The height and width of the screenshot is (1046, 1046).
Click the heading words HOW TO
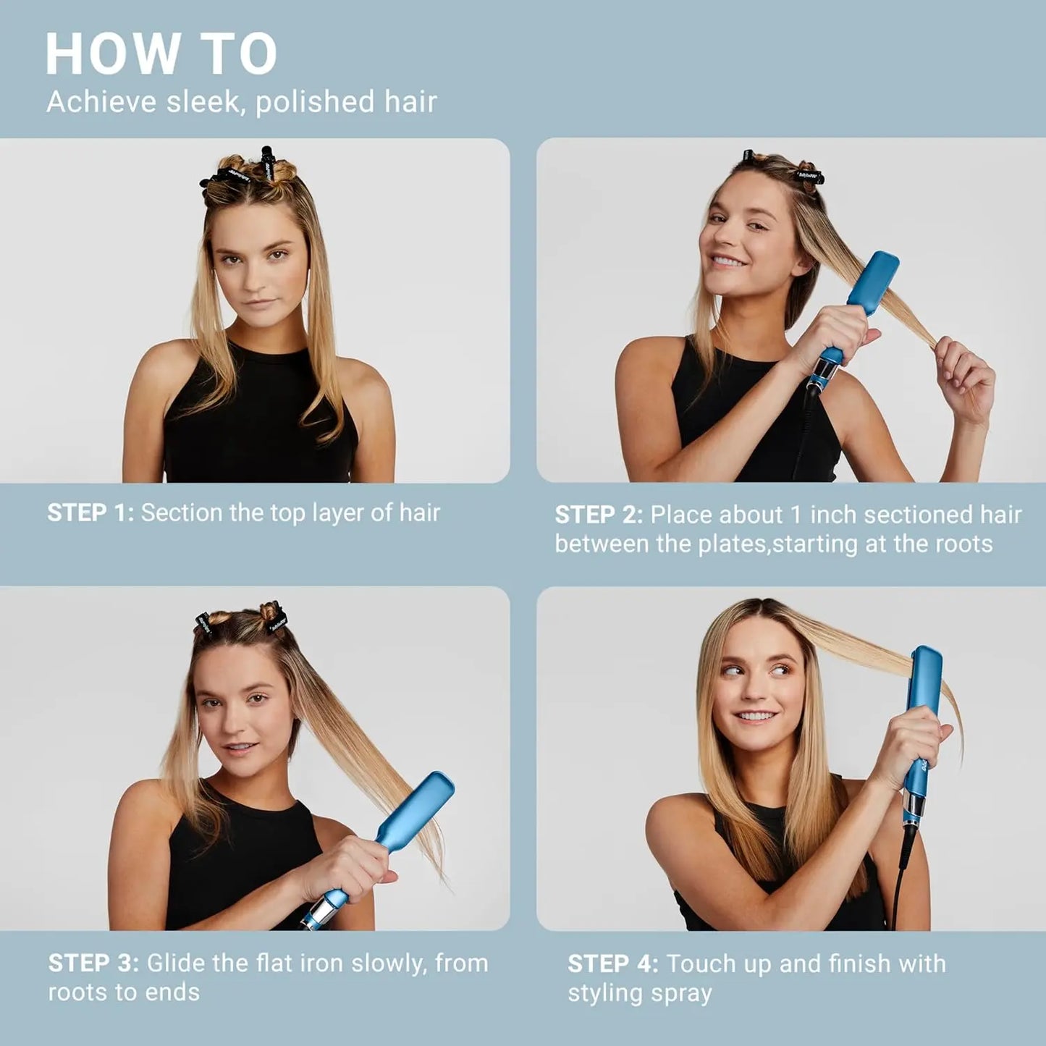[x=161, y=54]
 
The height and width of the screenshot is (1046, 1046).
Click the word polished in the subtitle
[x=315, y=102]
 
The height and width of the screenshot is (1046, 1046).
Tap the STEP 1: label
[x=90, y=513]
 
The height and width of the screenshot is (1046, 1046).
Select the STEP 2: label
[x=599, y=515]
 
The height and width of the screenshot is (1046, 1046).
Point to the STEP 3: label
[x=93, y=963]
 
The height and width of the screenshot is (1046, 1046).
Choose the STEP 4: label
[x=612, y=964]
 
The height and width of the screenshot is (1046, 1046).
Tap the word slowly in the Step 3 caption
[x=389, y=963]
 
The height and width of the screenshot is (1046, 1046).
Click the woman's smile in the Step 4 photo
[x=756, y=716]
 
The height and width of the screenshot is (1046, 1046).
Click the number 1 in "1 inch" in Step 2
[x=796, y=515]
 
